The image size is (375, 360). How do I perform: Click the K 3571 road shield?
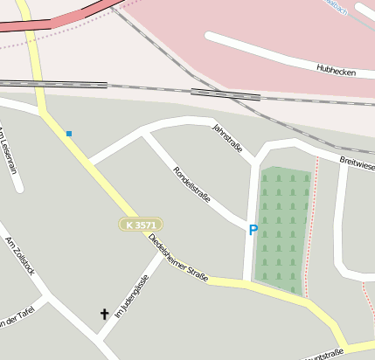(x=141, y=225)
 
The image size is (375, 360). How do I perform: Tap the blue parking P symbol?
(x=253, y=230)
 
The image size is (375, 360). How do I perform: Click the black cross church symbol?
(x=105, y=313)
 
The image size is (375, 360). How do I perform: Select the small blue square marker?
(x=69, y=134)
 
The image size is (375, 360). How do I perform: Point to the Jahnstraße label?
(x=227, y=138)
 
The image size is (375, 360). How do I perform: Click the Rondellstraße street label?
(x=191, y=184)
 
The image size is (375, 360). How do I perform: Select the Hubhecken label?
(x=336, y=71)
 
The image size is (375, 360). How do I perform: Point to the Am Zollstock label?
(x=19, y=255)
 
